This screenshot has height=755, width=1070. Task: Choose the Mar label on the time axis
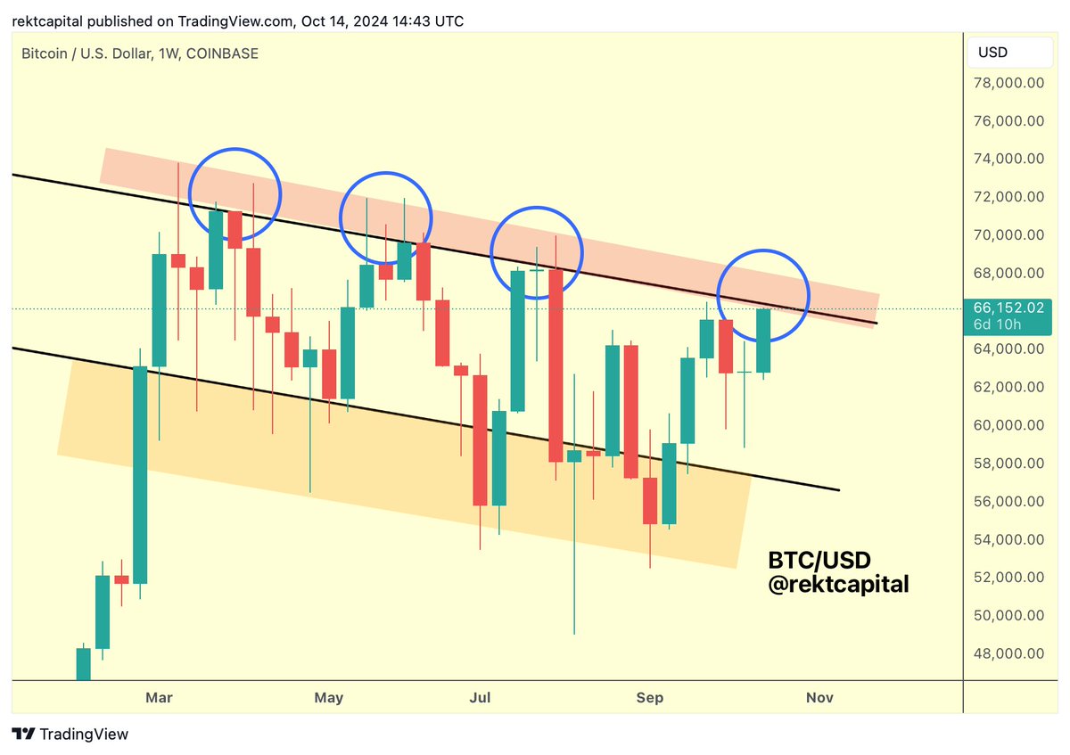(160, 698)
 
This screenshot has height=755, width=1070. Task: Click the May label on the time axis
(329, 698)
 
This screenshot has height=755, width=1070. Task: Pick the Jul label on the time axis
(481, 698)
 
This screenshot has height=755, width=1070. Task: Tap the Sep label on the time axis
(650, 698)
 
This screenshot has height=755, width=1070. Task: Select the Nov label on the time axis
(819, 698)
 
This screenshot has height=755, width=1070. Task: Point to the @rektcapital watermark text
(838, 585)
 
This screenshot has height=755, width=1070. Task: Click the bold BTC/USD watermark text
(819, 561)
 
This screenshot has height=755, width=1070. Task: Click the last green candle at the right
(763, 341)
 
